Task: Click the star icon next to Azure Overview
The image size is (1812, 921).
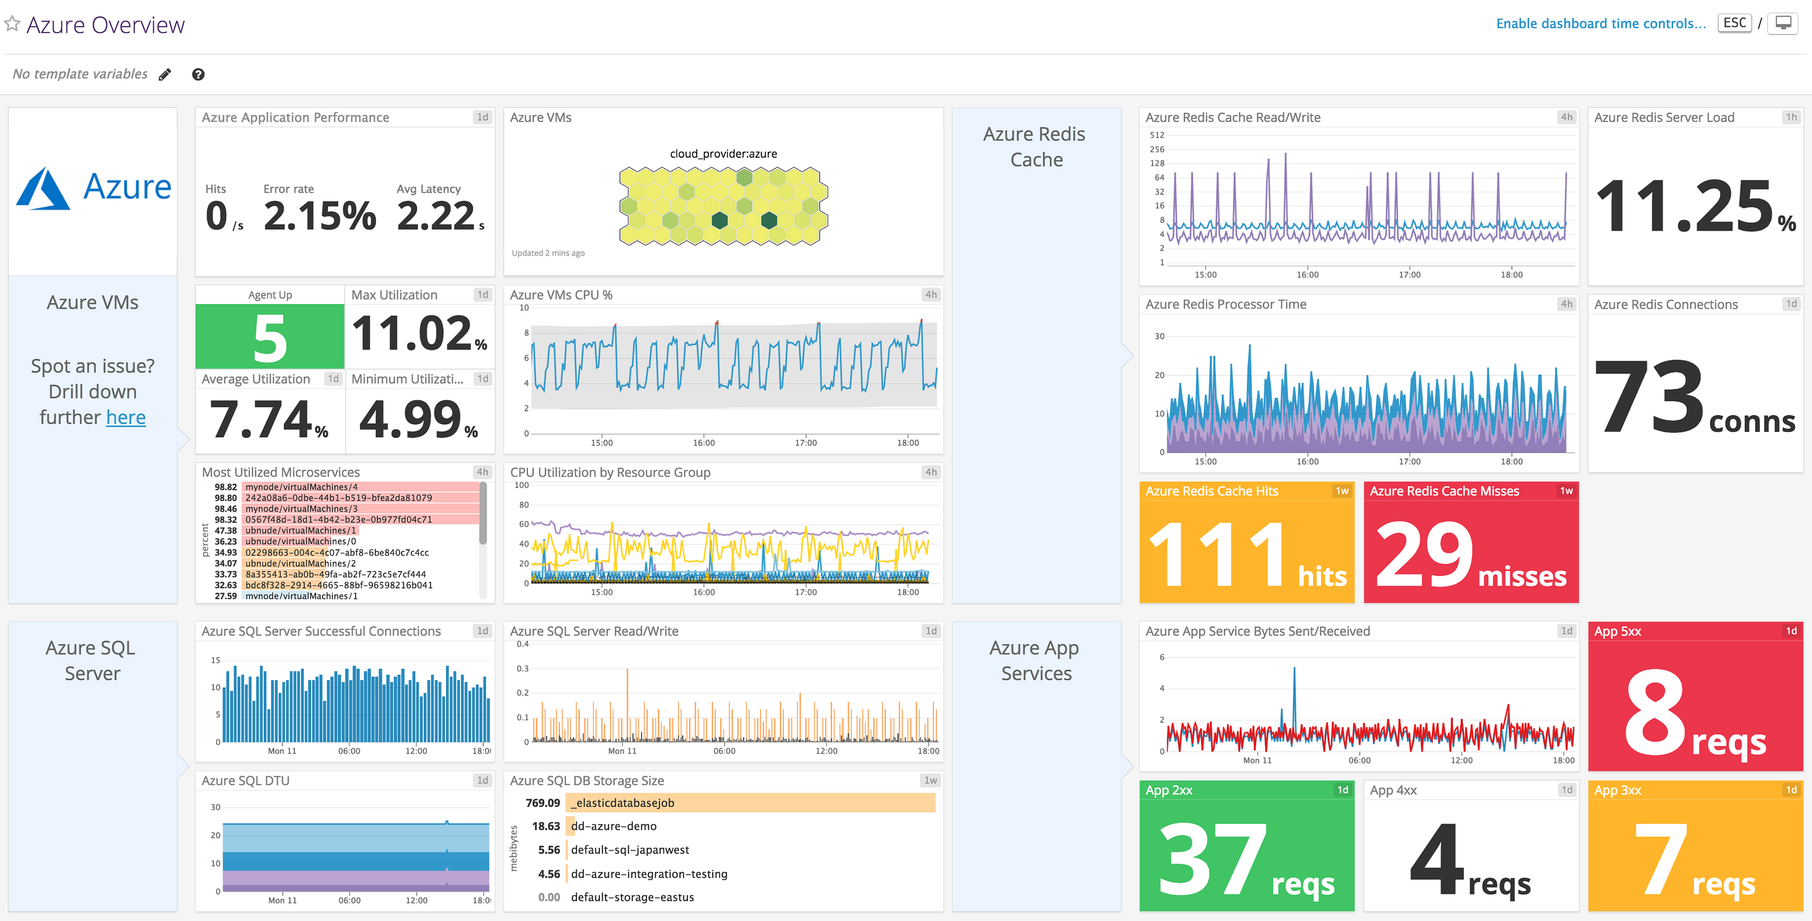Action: (x=12, y=24)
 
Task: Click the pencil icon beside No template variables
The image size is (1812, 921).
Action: (x=164, y=75)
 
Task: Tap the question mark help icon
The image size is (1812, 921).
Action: (x=198, y=75)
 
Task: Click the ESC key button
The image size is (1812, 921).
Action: (x=1734, y=23)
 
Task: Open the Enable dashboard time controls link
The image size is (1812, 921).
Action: (x=1600, y=24)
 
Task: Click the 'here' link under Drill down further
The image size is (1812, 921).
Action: (x=126, y=418)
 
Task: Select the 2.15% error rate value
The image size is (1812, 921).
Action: (x=320, y=216)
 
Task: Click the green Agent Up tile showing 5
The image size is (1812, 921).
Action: (x=270, y=338)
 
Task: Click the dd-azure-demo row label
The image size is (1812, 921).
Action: (x=613, y=826)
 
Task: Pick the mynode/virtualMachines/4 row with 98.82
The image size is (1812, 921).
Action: (x=301, y=486)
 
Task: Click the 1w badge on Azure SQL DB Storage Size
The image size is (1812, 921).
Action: (x=930, y=781)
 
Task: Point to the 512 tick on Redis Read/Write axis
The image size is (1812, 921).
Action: (x=1156, y=135)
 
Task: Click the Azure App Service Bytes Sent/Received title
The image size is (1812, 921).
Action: (x=1258, y=631)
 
